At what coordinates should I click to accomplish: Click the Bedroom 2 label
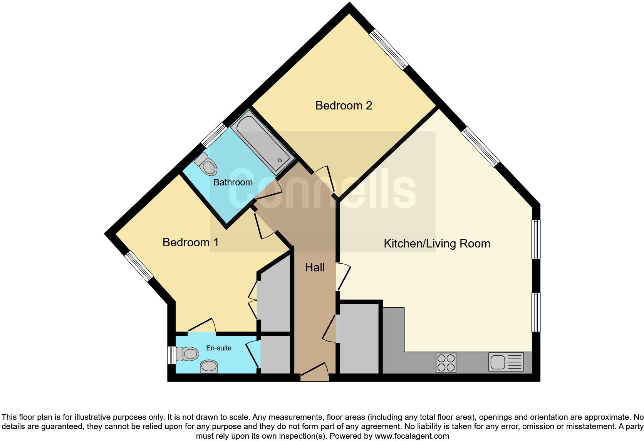344,106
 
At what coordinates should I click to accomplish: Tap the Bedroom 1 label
190,242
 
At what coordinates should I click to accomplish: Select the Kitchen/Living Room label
437,244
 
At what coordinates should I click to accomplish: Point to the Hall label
315,268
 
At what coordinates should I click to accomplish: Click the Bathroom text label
233,182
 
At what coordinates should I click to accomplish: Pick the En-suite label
219,348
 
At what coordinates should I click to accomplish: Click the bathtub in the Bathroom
263,141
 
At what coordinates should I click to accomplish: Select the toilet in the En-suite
187,354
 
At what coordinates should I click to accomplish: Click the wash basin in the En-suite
209,366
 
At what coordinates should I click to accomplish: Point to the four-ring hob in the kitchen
446,363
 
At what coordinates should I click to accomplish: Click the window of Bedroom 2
388,50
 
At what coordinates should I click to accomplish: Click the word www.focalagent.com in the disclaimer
412,436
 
